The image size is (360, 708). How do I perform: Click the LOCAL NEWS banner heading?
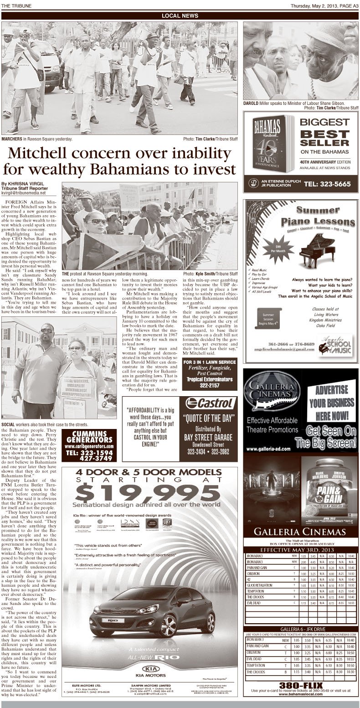(180, 16)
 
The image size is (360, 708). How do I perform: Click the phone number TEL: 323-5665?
(331, 184)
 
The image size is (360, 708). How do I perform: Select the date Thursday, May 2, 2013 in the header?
(312, 5)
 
